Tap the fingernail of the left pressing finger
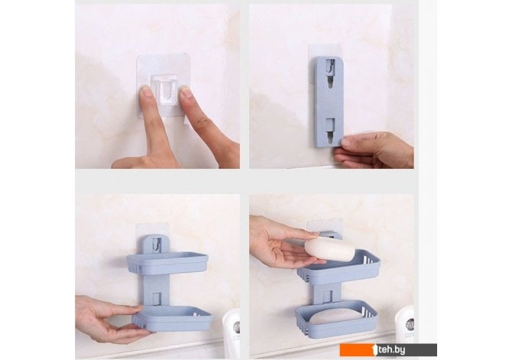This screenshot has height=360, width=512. click(147, 93)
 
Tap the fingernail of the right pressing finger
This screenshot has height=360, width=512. click(186, 93)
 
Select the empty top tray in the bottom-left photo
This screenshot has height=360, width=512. click(167, 262)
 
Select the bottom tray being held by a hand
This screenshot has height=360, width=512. click(172, 318)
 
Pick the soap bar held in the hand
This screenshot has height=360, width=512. click(329, 250)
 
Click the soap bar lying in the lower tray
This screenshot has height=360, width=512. click(335, 317)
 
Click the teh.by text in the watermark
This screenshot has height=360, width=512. click(391, 350)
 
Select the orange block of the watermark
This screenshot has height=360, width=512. click(357, 350)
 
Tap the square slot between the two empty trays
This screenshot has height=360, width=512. click(157, 298)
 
